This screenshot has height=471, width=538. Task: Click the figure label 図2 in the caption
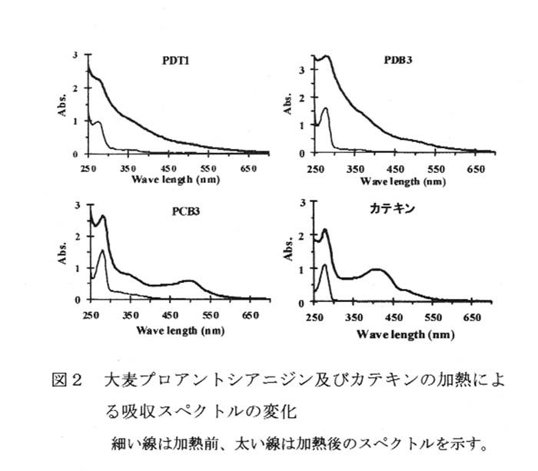[68, 381]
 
